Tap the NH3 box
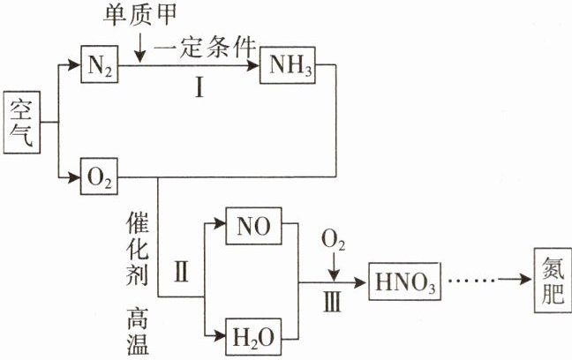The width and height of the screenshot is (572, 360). pyautogui.click(x=286, y=66)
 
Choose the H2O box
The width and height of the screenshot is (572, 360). pyautogui.click(x=252, y=337)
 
